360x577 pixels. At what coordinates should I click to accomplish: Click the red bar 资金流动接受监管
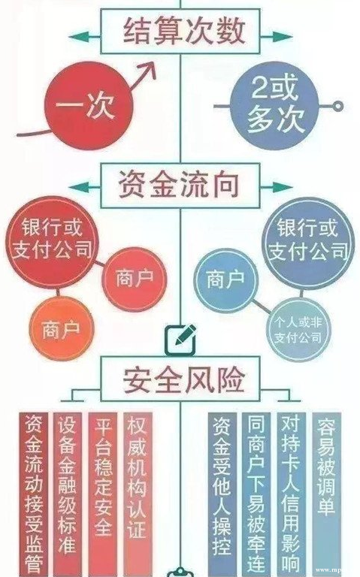tap(34, 492)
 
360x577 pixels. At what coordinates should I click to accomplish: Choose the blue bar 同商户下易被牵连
tap(257, 492)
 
